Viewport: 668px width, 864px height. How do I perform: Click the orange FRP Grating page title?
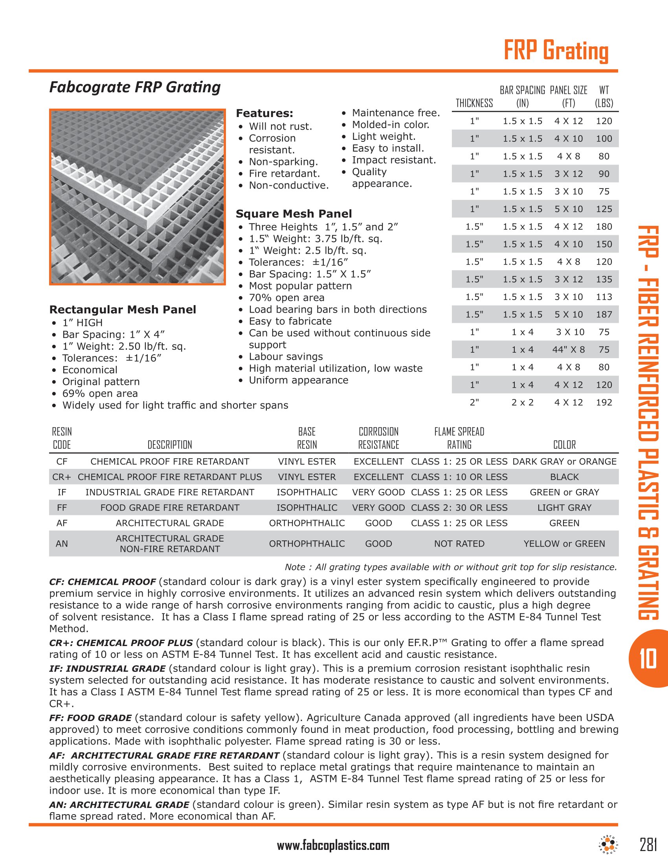click(556, 51)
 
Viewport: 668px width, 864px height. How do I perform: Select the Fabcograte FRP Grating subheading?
click(134, 87)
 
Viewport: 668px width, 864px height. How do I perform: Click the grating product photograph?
click(137, 197)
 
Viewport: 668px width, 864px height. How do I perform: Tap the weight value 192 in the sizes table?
click(604, 402)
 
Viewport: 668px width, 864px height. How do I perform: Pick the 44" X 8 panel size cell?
click(568, 350)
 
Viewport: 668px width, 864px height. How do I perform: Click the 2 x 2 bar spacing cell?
click(522, 402)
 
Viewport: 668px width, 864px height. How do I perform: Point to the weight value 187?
click(604, 315)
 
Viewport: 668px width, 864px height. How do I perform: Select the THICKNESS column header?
click(474, 103)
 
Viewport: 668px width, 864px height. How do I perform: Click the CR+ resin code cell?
click(62, 477)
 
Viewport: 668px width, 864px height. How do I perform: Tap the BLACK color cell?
click(564, 477)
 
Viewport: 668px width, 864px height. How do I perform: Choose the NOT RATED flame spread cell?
click(459, 544)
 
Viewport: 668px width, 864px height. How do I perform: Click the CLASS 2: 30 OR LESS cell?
click(459, 507)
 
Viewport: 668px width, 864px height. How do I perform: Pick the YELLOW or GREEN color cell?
click(564, 544)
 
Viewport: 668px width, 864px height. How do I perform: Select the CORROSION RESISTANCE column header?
click(379, 438)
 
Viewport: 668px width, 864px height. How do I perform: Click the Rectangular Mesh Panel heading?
click(123, 309)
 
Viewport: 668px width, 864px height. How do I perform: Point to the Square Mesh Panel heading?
click(294, 214)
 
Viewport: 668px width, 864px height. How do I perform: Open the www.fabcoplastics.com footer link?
click(333, 846)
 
